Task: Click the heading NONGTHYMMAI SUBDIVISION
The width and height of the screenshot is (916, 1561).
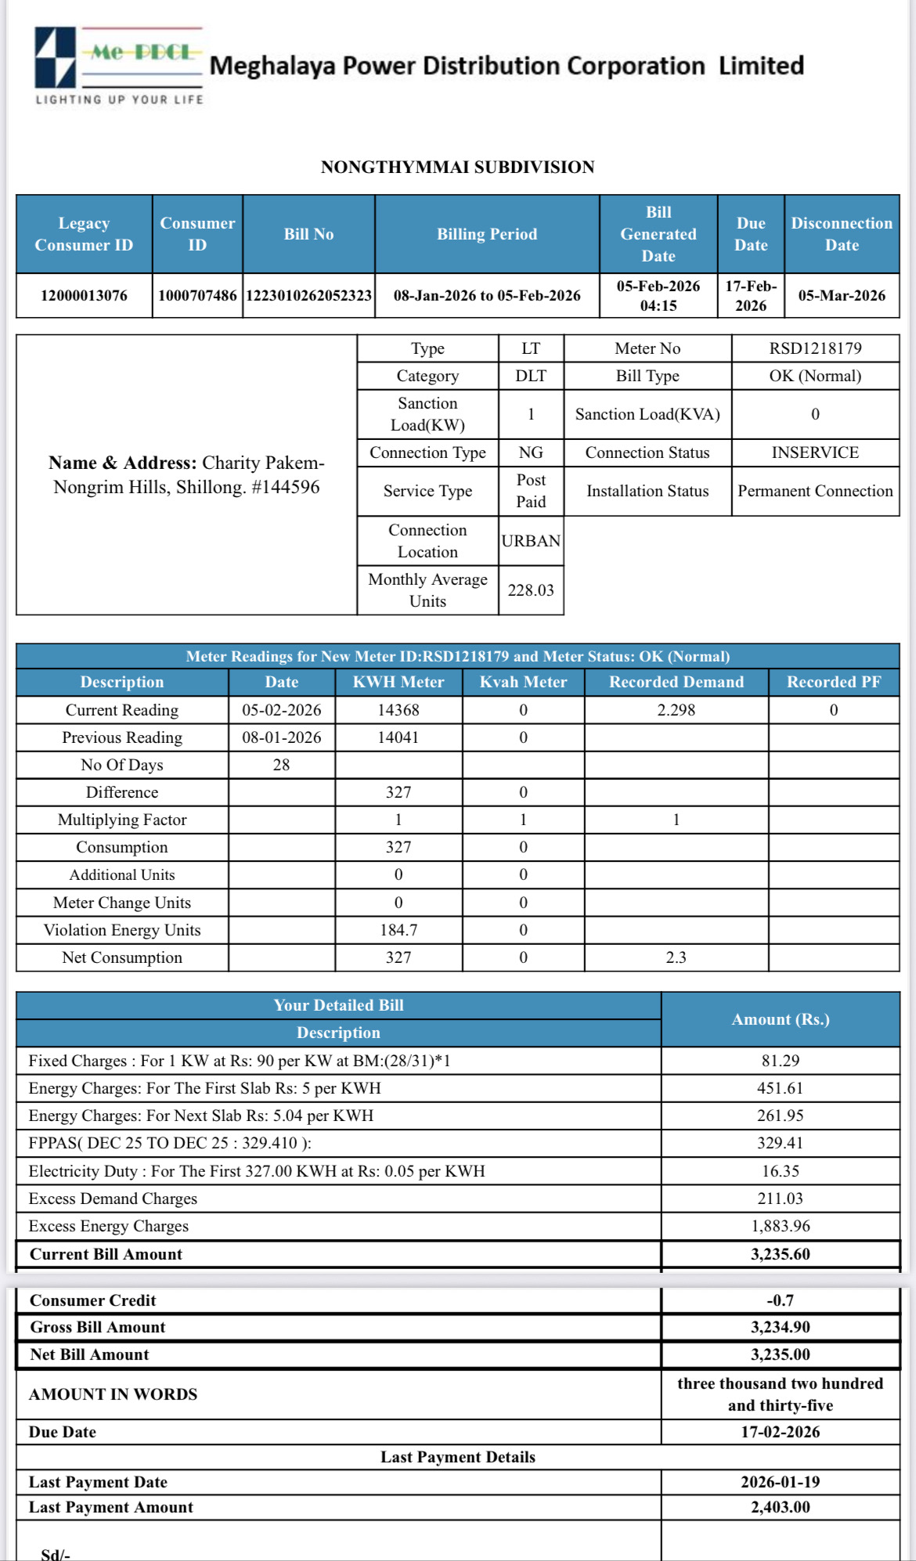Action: coord(457,167)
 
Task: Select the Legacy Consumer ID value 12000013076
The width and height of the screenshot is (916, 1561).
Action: coord(84,295)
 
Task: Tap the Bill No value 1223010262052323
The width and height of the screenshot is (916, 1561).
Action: coord(308,295)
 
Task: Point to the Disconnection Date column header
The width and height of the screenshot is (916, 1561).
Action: coord(841,234)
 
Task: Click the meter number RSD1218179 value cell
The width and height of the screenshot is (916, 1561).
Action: coord(815,348)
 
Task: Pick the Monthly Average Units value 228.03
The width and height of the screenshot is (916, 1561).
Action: coord(530,590)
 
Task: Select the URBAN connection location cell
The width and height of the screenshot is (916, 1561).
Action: coord(530,541)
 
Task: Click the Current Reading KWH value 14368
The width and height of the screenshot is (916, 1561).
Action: coord(398,710)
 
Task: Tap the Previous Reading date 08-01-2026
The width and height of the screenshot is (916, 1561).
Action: coord(281,737)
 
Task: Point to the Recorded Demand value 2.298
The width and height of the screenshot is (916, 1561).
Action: coord(676,710)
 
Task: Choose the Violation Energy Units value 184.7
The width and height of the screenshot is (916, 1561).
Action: coord(398,930)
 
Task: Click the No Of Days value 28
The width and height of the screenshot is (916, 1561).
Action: coord(281,765)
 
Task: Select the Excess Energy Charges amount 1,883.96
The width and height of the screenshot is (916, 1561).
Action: coord(780,1226)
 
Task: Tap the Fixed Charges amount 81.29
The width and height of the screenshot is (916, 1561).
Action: coord(780,1061)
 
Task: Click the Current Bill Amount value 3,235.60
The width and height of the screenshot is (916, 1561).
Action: coord(780,1254)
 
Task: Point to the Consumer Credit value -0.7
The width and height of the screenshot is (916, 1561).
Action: coord(780,1300)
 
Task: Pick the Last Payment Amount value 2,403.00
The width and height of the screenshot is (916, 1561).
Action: coord(780,1507)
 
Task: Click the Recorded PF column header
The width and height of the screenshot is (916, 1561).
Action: coord(833,682)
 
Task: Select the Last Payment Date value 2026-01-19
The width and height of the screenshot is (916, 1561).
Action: coord(780,1482)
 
